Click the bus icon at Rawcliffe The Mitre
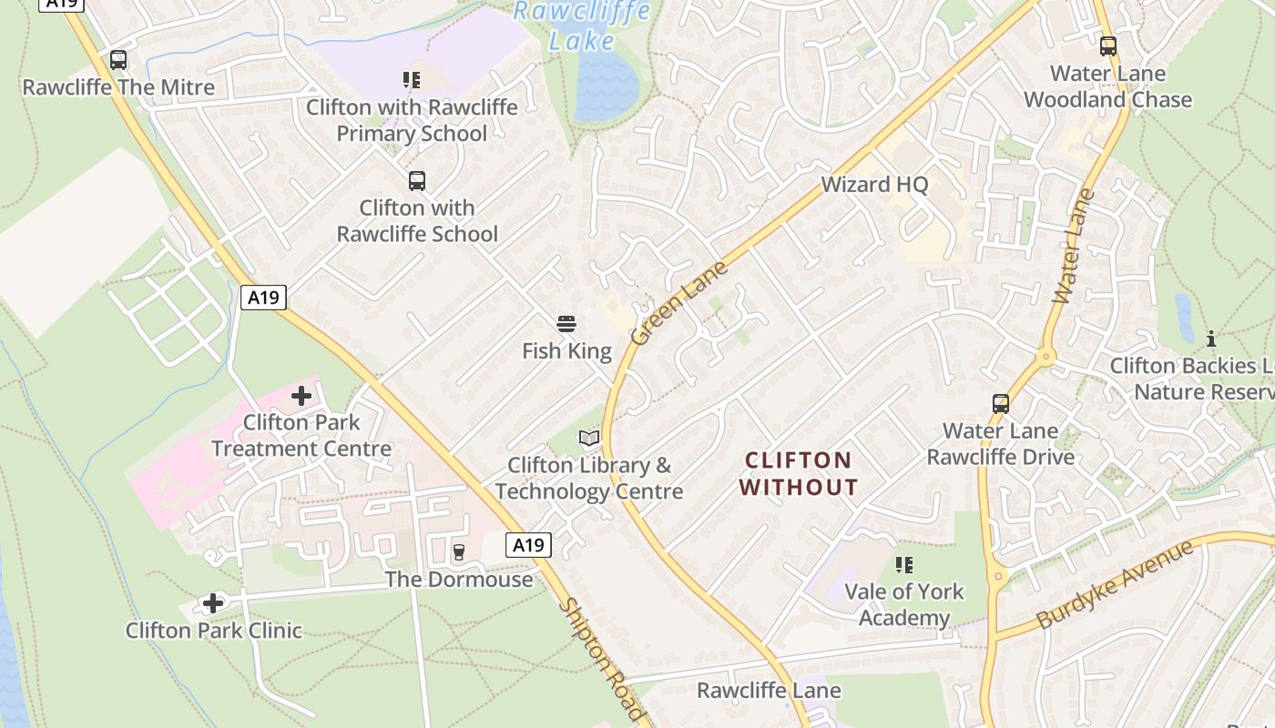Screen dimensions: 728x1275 [x=118, y=60]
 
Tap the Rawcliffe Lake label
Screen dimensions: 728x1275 [x=583, y=25]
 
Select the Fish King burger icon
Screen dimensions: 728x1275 [x=566, y=324]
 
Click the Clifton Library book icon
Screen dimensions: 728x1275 [x=589, y=439]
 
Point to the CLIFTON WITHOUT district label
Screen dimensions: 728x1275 [x=798, y=473]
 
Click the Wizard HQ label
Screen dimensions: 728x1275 [x=874, y=185]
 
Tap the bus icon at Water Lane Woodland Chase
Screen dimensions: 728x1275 [x=1108, y=45]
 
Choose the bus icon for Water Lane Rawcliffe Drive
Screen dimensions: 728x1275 [x=1001, y=403]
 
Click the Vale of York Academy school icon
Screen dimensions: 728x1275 [x=904, y=565]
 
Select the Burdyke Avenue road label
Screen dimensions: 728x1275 [x=1116, y=584]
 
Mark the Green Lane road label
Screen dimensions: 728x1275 [x=679, y=303]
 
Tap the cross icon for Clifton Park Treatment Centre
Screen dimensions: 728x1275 [x=301, y=396]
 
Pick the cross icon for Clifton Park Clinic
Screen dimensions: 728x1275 [x=213, y=603]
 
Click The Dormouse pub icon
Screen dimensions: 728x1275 [x=458, y=552]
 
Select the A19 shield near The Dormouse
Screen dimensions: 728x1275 [x=528, y=545]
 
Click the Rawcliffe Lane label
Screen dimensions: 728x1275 [x=769, y=691]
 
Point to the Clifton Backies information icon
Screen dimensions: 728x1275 [x=1211, y=339]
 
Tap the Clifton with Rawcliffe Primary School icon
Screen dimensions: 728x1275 [x=412, y=80]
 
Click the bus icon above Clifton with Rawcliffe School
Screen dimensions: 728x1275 [x=417, y=180]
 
